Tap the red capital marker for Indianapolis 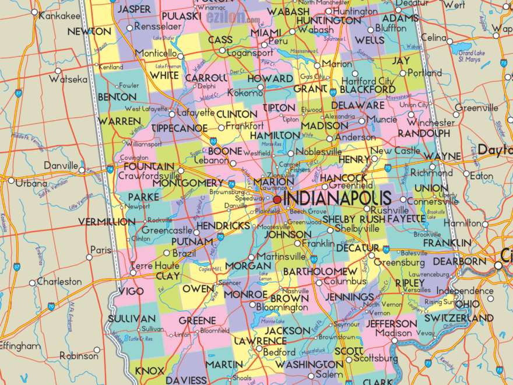point(277,199)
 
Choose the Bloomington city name point(282,307)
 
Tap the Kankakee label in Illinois point(59,16)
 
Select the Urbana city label point(31,183)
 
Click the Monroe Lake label point(272,321)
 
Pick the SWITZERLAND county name point(459,318)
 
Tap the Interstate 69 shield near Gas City point(332,92)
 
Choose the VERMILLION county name point(107,222)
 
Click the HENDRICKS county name point(223,225)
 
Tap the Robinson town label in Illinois point(79,355)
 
